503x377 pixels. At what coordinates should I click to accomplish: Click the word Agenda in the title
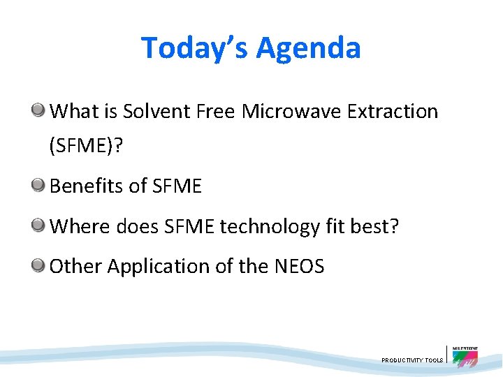point(308,48)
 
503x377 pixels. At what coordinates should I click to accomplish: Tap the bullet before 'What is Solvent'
point(40,110)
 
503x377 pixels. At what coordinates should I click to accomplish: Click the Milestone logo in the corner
point(465,356)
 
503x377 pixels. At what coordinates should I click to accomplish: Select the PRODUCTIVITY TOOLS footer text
point(412,360)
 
